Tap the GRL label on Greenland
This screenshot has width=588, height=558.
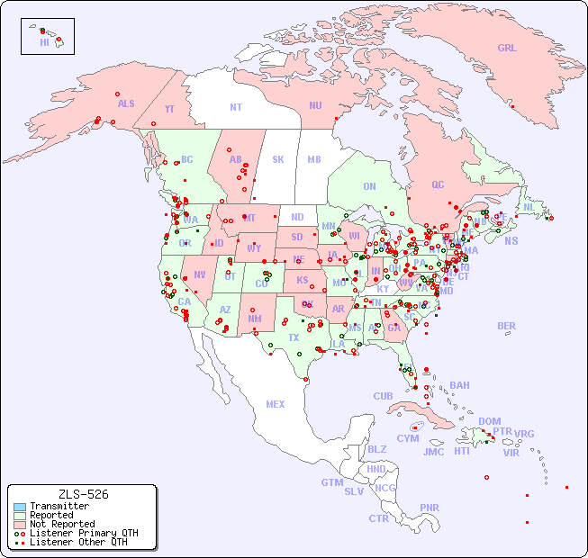pos(507,49)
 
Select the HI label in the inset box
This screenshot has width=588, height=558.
pos(44,42)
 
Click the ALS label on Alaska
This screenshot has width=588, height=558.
pos(126,104)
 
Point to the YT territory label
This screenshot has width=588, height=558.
pos(169,109)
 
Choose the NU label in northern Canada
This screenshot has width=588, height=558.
pos(315,105)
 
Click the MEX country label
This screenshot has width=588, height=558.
pos(276,404)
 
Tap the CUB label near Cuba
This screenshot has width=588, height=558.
pos(383,396)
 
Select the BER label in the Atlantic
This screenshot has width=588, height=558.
pos(507,327)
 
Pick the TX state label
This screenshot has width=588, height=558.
pos(294,337)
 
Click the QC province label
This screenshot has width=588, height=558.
pos(438,185)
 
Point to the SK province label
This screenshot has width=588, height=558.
pos(278,159)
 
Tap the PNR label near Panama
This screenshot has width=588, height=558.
pos(430,508)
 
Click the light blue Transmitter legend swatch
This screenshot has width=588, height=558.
pos(19,507)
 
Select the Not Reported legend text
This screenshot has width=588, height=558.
pos(61,524)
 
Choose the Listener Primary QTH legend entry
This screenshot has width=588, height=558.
pos(76,533)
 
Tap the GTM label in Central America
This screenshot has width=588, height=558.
pos(331,482)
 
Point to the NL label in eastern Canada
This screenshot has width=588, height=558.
pos(529,207)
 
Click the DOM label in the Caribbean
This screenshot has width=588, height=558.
pos(490,421)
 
